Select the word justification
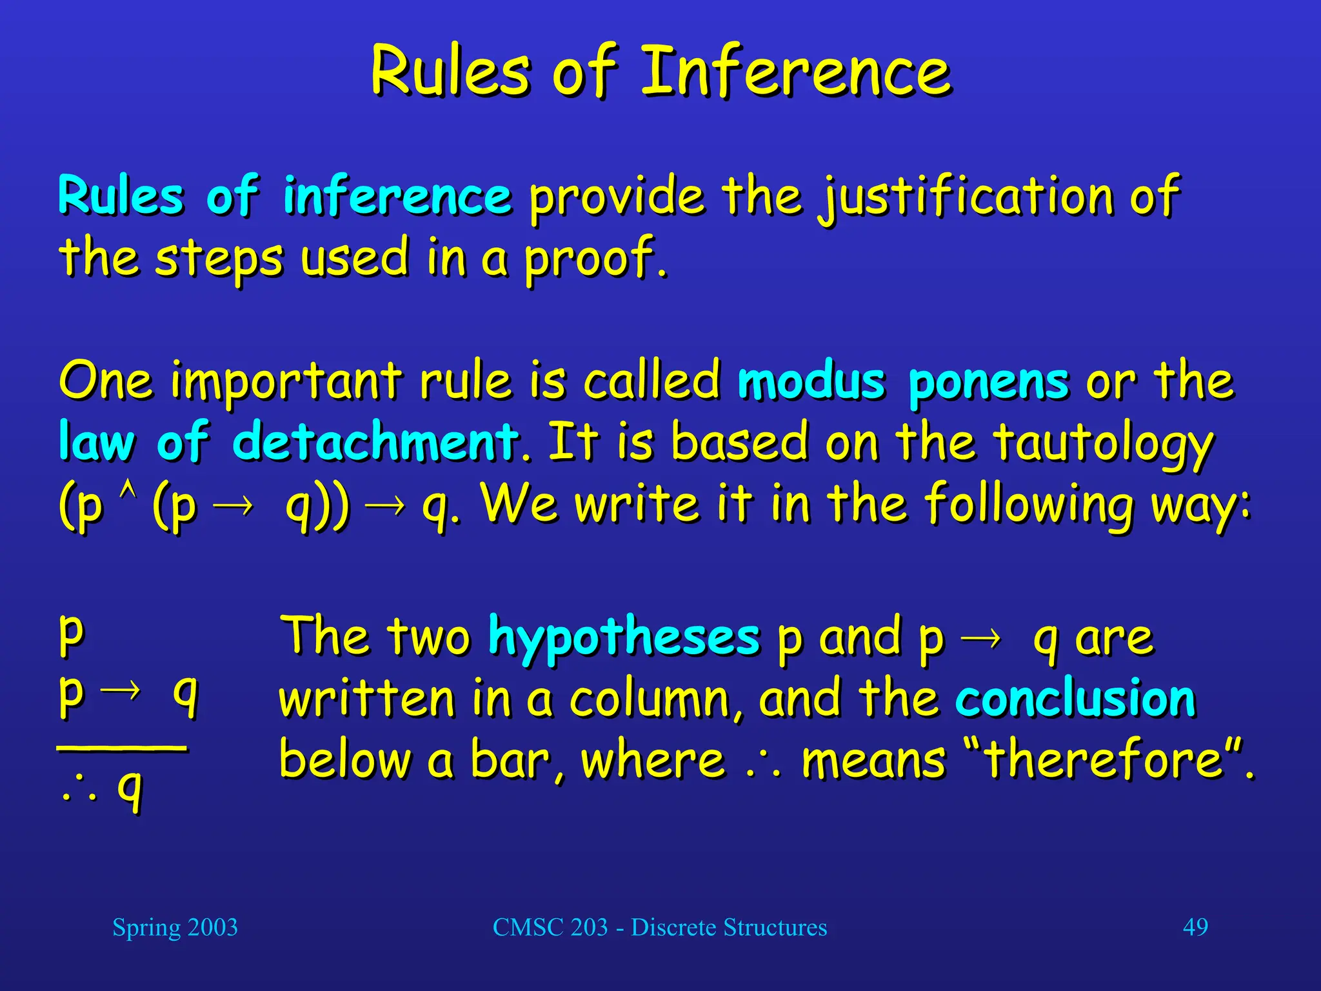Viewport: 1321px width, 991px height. pos(966,197)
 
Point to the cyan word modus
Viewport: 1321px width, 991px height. pos(811,381)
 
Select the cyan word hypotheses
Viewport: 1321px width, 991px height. pos(624,638)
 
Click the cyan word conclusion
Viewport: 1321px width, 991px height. pos(1075,699)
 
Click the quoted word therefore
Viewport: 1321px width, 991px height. pos(1104,759)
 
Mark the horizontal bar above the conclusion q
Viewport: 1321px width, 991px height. pos(123,748)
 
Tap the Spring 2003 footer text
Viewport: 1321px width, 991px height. pos(175,927)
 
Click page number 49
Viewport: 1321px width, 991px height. pos(1195,927)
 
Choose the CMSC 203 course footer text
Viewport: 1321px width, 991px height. pos(659,927)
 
